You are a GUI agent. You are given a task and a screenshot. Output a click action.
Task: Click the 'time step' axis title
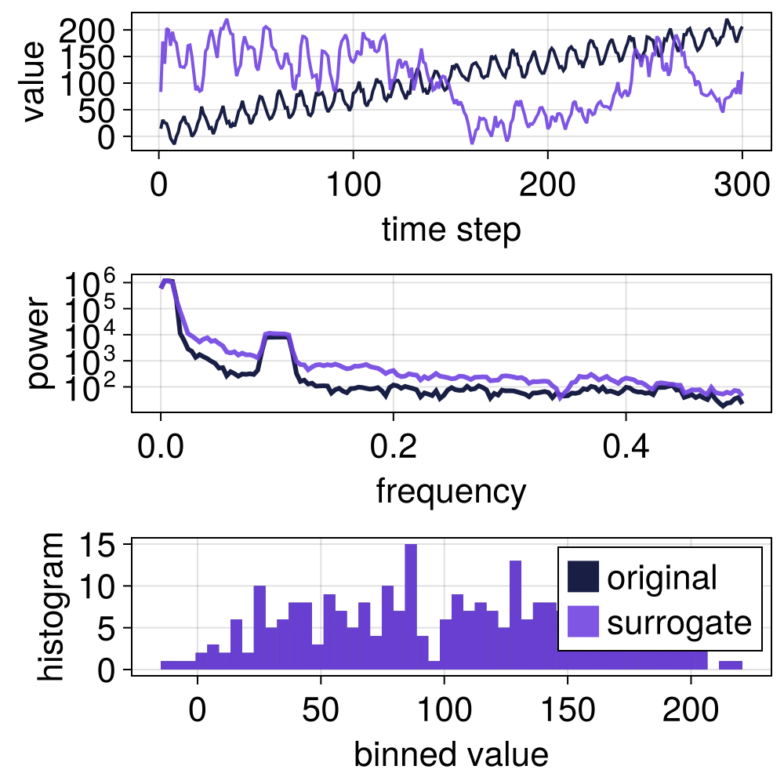tap(451, 230)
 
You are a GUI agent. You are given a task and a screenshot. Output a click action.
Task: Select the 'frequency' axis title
tap(451, 492)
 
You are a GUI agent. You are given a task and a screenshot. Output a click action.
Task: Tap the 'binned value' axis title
tap(451, 754)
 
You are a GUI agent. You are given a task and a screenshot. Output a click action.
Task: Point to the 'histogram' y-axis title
tap(53, 606)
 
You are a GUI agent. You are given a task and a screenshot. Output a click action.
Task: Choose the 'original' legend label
tap(662, 578)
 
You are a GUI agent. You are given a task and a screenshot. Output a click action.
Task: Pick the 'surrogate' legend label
tap(679, 622)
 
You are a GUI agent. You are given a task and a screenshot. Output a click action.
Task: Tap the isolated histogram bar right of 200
tap(731, 666)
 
